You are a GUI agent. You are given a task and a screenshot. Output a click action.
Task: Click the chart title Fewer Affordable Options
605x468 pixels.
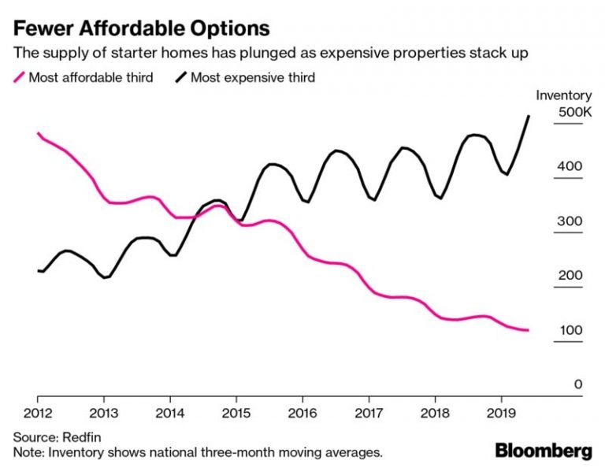click(141, 28)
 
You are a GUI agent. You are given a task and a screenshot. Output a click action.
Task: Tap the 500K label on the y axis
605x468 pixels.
click(574, 113)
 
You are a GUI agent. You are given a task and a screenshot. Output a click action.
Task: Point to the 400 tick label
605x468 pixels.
click(570, 167)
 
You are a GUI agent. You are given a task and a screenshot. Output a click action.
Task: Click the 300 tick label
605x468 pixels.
click(570, 221)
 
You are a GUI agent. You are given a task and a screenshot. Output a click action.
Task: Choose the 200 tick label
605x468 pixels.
click(570, 276)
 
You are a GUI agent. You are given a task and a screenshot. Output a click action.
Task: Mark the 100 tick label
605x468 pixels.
click(570, 330)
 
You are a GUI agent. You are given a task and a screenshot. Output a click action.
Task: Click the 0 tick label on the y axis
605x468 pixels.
click(577, 384)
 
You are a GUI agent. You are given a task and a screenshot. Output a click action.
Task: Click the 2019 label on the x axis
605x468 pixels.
click(502, 412)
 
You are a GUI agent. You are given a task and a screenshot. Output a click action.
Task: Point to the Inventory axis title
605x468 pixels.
click(563, 95)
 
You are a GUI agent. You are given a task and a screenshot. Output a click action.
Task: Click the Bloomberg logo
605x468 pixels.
click(544, 451)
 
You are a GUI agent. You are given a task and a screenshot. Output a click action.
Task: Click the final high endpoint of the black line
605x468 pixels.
click(528, 117)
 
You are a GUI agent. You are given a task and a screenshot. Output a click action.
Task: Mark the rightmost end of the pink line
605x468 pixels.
click(527, 330)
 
